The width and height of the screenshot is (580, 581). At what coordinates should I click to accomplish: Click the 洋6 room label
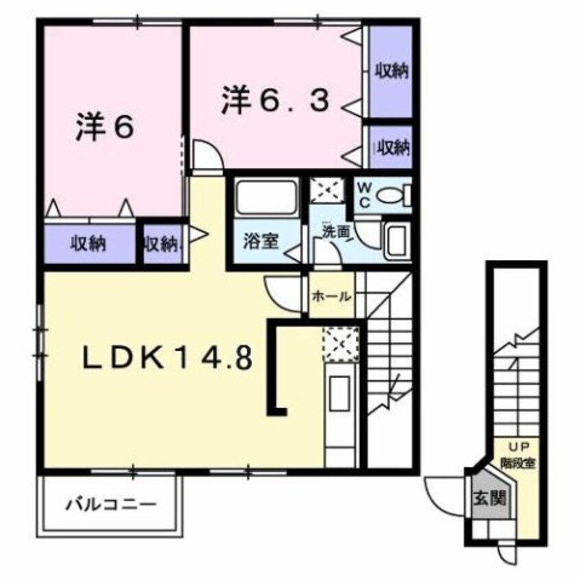click(104, 128)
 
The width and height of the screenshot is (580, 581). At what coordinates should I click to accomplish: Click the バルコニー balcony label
click(111, 507)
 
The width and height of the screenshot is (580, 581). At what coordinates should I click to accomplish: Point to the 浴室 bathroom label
click(261, 241)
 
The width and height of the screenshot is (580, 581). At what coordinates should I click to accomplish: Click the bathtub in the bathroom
click(266, 198)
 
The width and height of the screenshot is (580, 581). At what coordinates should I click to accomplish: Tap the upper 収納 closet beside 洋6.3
click(391, 70)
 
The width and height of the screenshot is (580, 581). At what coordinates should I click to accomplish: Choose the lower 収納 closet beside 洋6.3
click(391, 146)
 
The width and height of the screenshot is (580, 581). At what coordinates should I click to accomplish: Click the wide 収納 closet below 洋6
click(89, 243)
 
